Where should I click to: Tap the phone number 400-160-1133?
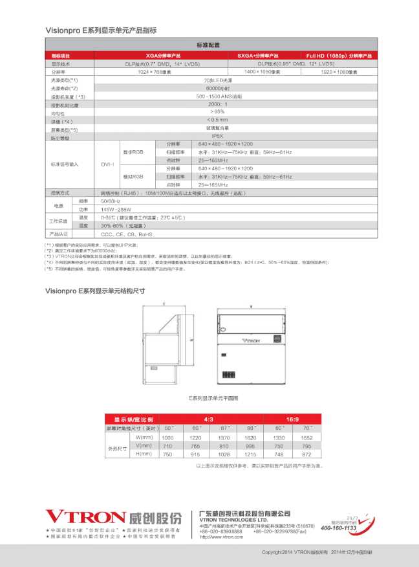click(x=338, y=528)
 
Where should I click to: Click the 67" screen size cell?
click(x=224, y=428)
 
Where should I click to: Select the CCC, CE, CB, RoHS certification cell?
click(x=127, y=234)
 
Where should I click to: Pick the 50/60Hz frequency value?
click(x=111, y=201)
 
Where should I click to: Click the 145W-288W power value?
click(x=116, y=210)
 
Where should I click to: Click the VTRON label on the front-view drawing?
click(x=250, y=339)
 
